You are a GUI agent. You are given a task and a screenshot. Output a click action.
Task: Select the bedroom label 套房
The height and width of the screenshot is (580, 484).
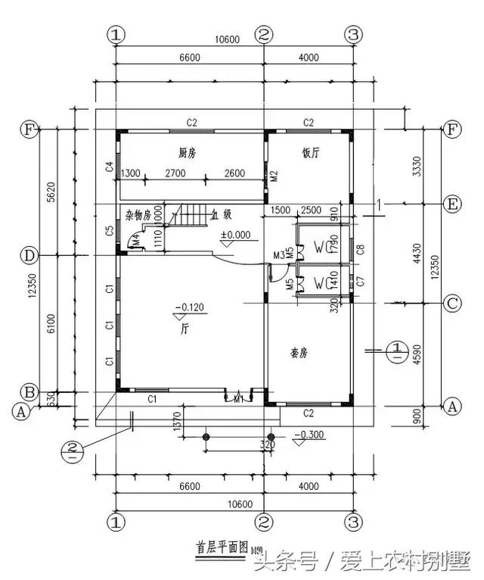point(299,353)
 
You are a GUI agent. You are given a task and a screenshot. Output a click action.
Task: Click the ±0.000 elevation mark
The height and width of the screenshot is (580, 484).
point(235,235)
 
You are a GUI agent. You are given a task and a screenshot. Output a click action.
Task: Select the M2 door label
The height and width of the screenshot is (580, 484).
point(275,176)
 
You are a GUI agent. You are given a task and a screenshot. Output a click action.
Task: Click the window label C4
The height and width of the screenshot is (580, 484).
point(110,167)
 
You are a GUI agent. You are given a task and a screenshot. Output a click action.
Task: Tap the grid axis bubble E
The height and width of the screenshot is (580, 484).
point(451,204)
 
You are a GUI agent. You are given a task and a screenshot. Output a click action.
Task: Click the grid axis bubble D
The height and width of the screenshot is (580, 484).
point(29,255)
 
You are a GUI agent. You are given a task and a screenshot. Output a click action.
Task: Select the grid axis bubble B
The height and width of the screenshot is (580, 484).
point(29,392)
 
